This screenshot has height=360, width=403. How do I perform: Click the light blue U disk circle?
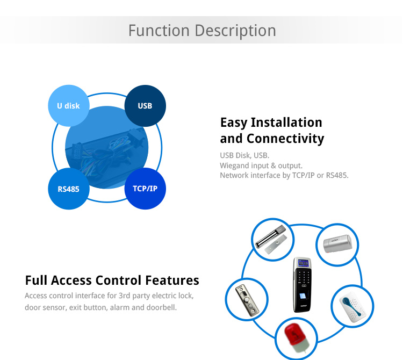(69, 106)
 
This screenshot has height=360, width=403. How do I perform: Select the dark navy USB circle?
(145, 106)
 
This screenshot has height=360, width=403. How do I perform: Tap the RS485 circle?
(69, 189)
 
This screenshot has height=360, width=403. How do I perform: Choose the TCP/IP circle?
(145, 189)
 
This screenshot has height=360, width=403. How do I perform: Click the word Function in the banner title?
(159, 31)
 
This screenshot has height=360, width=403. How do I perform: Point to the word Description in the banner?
(235, 31)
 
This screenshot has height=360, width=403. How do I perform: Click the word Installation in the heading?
(286, 123)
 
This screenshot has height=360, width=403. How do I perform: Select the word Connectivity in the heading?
(285, 139)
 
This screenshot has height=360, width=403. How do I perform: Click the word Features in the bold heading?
(172, 280)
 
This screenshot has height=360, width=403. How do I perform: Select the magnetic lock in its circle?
(271, 240)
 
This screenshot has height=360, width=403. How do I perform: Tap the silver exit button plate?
(247, 300)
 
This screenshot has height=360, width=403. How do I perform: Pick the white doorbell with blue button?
(352, 306)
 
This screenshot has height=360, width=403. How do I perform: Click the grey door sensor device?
(337, 243)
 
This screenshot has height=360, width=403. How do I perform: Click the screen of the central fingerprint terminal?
(303, 263)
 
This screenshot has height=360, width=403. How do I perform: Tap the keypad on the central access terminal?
(304, 277)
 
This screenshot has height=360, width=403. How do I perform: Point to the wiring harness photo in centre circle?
(107, 148)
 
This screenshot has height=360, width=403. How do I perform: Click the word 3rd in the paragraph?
(124, 296)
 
